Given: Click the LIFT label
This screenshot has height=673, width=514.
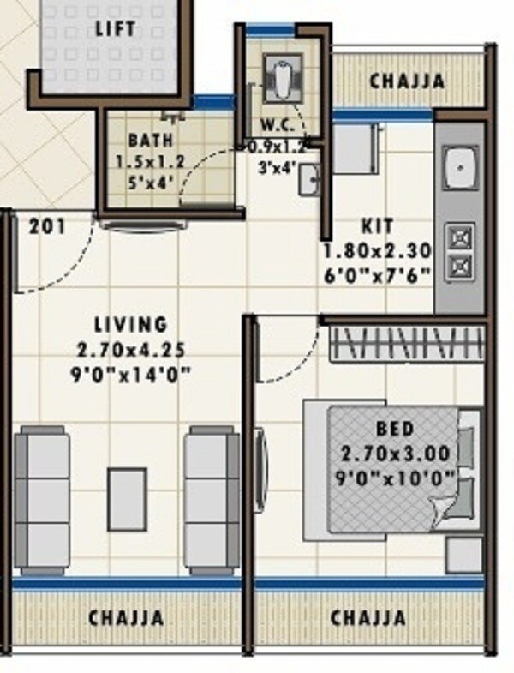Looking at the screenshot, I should pyautogui.click(x=116, y=28).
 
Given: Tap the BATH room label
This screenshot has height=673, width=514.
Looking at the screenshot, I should pyautogui.click(x=151, y=140).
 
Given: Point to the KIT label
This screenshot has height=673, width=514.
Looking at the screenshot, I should pyautogui.click(x=378, y=227).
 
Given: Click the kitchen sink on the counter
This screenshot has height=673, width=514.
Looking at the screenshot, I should pyautogui.click(x=460, y=168).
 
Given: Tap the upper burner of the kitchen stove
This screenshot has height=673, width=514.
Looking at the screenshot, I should pyautogui.click(x=460, y=235).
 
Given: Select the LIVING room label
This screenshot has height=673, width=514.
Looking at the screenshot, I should pyautogui.click(x=131, y=325).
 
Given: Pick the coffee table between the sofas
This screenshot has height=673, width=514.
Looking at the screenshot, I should pyautogui.click(x=126, y=499).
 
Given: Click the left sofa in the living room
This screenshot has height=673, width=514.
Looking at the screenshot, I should pyautogui.click(x=42, y=500).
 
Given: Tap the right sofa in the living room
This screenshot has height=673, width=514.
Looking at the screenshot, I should pyautogui.click(x=212, y=500).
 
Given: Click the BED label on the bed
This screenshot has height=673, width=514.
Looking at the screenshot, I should pyautogui.click(x=395, y=428).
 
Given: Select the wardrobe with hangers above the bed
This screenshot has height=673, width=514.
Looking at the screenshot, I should pyautogui.click(x=407, y=345).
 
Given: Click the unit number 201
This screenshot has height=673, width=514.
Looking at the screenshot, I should pyautogui.click(x=47, y=228).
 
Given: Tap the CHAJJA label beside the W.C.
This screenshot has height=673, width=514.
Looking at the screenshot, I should pyautogui.click(x=407, y=81).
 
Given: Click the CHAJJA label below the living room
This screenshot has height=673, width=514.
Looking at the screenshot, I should pyautogui.click(x=126, y=618).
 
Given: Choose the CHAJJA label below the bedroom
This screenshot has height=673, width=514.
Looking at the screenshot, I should pyautogui.click(x=368, y=618).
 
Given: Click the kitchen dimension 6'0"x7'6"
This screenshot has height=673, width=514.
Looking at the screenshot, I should pyautogui.click(x=377, y=274).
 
